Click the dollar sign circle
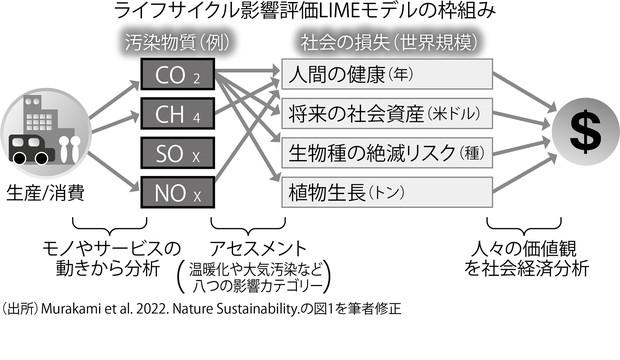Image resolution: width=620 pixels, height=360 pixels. tap(579, 129)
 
